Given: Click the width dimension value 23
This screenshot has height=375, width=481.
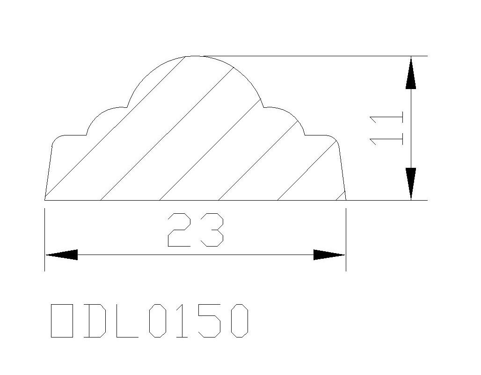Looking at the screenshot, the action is click(196, 230).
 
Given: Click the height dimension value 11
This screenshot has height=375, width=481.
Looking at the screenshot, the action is click(386, 130).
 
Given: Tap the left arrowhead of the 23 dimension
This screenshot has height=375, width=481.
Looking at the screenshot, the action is click(61, 255).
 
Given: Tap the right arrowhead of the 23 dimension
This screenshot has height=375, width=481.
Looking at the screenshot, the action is click(329, 255).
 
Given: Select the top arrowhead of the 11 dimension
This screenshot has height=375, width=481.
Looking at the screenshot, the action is click(411, 73).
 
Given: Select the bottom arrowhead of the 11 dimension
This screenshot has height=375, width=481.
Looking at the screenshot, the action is click(411, 184).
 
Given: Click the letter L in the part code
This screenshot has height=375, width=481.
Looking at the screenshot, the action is click(126, 321).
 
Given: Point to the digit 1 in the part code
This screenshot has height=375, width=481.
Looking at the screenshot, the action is click(182, 321).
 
